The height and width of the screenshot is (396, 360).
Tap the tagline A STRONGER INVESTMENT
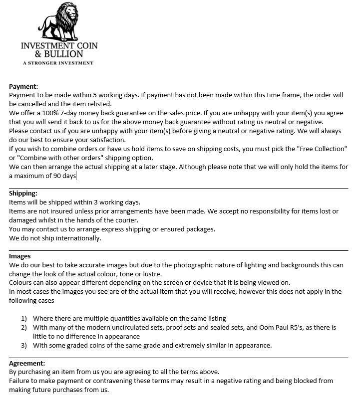58,63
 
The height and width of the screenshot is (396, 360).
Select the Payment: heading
23,86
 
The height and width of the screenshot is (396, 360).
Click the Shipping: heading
23,194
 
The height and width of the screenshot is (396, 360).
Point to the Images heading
20,256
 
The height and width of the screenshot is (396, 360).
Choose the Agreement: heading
27,364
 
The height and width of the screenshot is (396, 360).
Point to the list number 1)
24,318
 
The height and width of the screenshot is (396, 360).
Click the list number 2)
24,328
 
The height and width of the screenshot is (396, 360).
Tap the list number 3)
24,345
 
